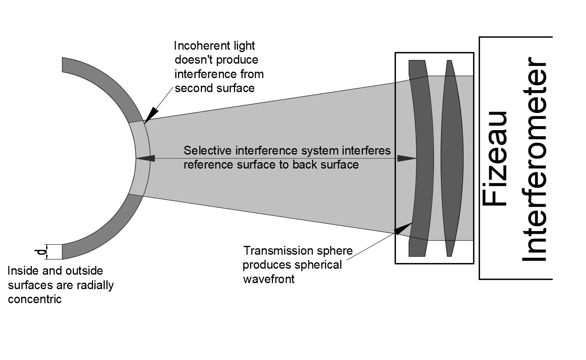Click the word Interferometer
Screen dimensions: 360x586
(534, 159)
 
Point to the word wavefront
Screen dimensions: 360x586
(268, 279)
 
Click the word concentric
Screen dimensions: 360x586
(35, 299)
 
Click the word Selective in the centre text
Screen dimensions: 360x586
(208, 151)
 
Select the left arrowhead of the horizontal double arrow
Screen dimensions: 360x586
(145, 159)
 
